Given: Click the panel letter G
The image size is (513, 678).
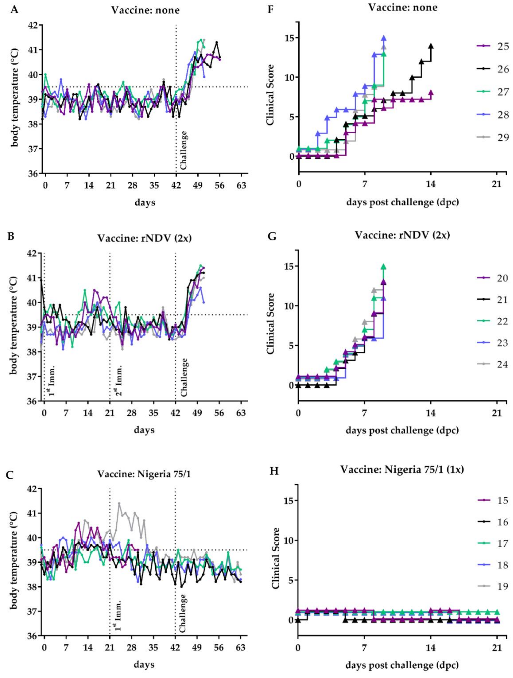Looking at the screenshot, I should click(272, 236).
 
